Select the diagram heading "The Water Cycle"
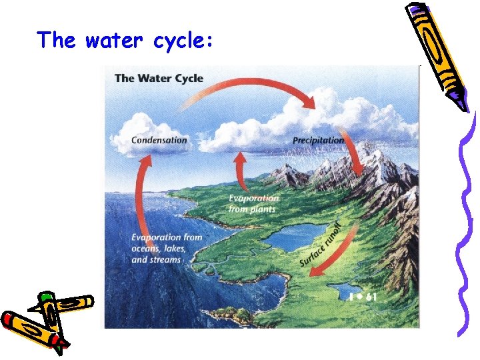tap(159, 78)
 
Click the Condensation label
tap(159, 141)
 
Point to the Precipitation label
tap(319, 141)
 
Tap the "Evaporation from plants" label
tap(253, 203)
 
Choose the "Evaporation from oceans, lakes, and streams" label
tap(166, 248)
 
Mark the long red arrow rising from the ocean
tap(139, 200)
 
